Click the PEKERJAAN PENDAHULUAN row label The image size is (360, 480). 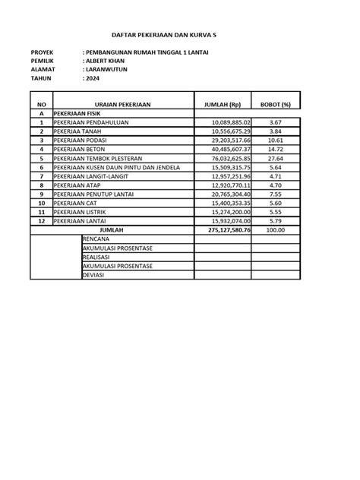pyautogui.click(x=84, y=122)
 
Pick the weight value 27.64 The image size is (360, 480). pyautogui.click(x=276, y=159)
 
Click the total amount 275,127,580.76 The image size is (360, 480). pyautogui.click(x=223, y=229)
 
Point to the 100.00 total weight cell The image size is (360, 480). pyautogui.click(x=276, y=229)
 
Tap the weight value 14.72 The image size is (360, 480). pyautogui.click(x=276, y=150)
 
